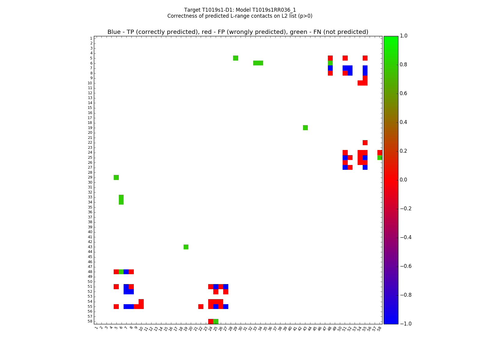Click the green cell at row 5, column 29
click(x=235, y=58)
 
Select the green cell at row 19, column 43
click(x=305, y=127)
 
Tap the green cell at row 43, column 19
click(x=186, y=247)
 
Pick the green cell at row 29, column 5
click(x=116, y=177)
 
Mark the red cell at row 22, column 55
click(x=365, y=142)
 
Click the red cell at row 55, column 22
click(x=201, y=306)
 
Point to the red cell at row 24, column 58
click(x=380, y=152)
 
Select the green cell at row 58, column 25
click(x=216, y=321)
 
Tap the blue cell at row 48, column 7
click(x=126, y=272)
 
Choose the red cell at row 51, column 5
click(x=116, y=286)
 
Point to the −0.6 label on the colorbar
click(x=406, y=266)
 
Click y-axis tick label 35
click(x=90, y=207)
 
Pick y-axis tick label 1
click(x=91, y=38)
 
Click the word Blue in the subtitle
click(x=114, y=32)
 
